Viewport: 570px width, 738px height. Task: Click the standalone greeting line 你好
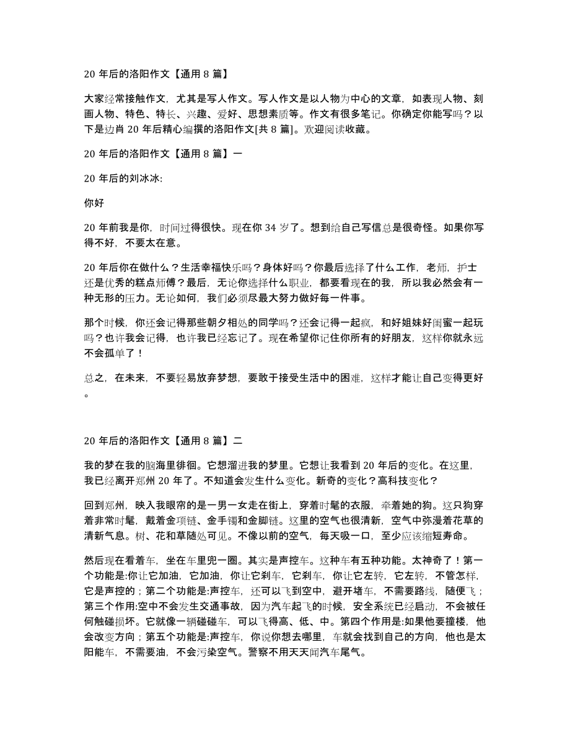tap(93, 201)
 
